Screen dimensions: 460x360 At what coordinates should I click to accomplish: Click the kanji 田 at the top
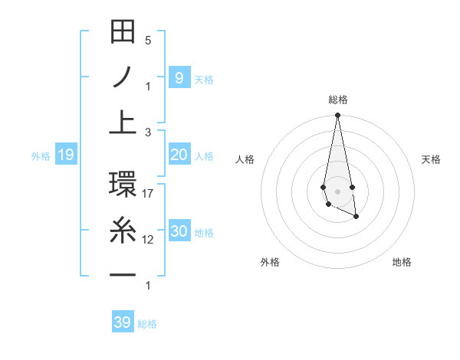123,32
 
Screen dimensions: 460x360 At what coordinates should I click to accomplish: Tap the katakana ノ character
123,77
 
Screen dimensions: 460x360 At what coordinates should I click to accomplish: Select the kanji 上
123,122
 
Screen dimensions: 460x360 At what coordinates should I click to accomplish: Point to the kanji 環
123,185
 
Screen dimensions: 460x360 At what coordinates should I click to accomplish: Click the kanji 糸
123,230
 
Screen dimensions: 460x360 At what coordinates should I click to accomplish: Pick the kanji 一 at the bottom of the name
123,275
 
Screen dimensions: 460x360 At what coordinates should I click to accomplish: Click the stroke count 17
148,194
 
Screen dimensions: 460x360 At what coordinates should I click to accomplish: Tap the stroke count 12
148,240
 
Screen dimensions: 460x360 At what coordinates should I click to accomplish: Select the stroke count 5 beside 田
148,41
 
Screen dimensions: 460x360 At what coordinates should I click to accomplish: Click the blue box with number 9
179,77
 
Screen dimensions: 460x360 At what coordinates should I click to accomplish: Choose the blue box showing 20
179,155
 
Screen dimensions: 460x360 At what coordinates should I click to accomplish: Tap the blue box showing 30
179,231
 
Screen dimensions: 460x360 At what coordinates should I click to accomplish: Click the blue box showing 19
65,155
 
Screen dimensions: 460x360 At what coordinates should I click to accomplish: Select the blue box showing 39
122,322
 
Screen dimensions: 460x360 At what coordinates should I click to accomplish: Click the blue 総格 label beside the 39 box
147,324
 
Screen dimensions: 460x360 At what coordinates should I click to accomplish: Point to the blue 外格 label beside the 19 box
41,156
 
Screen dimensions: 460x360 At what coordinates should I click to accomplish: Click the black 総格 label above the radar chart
338,100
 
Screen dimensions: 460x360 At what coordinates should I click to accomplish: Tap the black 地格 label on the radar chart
402,262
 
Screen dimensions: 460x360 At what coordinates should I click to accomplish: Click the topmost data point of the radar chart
337,116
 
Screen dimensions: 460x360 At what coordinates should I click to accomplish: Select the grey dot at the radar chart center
337,191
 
